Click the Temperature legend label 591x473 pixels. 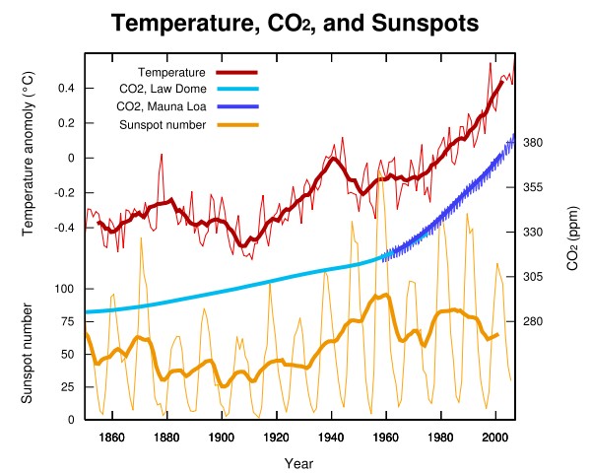pyautogui.click(x=171, y=72)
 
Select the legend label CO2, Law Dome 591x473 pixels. pyautogui.click(x=161, y=90)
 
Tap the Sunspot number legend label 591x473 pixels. pyautogui.click(x=163, y=125)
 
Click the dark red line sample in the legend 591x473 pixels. pyautogui.click(x=236, y=72)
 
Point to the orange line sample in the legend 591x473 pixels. pyautogui.click(x=236, y=125)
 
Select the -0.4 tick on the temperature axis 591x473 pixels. pyautogui.click(x=63, y=228)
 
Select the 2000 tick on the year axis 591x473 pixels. pyautogui.click(x=494, y=437)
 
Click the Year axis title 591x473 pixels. pyautogui.click(x=299, y=461)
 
